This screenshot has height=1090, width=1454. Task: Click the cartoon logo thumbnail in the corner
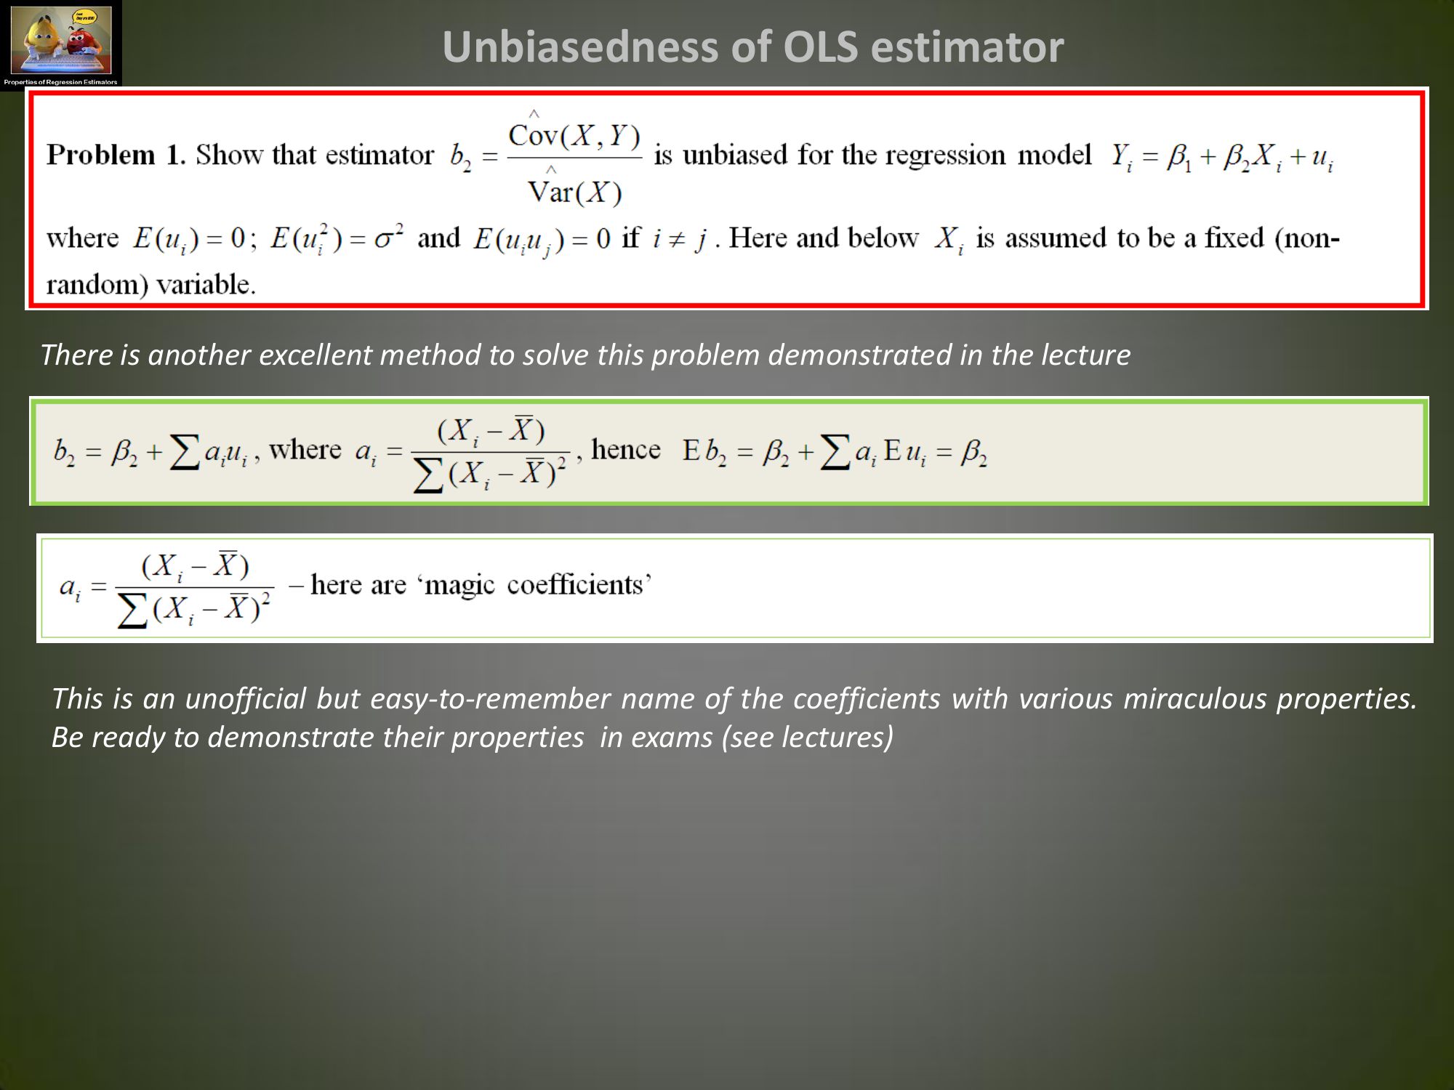click(x=61, y=44)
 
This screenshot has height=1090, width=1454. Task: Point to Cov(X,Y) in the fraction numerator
click(x=574, y=134)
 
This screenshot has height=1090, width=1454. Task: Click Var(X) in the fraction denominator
click(x=575, y=191)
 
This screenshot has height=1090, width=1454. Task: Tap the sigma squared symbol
click(x=389, y=237)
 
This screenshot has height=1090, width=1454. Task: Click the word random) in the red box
click(x=97, y=285)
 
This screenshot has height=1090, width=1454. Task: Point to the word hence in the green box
click(x=626, y=449)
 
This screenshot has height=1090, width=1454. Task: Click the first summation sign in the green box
click(x=184, y=452)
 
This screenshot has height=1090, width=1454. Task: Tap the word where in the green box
click(x=305, y=450)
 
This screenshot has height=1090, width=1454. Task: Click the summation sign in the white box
click(x=132, y=610)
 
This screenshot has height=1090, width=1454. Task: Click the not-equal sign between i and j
click(x=677, y=238)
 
